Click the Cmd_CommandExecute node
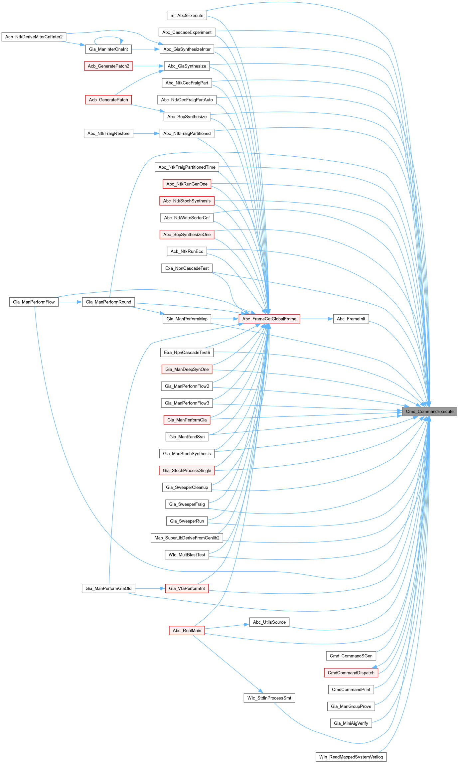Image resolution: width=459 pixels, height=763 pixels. (x=429, y=411)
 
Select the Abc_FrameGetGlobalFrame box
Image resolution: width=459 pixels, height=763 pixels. (x=269, y=319)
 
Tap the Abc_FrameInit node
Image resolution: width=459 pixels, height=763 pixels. (x=351, y=319)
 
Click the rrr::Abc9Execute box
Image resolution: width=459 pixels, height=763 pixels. (x=187, y=15)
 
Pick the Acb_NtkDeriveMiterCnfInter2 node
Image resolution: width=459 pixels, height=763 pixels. (x=34, y=37)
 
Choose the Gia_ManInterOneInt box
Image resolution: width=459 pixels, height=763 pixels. (x=108, y=49)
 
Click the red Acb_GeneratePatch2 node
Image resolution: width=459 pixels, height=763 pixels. (x=108, y=66)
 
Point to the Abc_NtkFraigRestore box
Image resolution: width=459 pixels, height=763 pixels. (x=108, y=133)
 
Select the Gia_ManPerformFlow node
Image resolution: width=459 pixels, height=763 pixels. (x=34, y=302)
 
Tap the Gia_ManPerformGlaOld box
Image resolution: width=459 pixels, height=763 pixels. (x=108, y=588)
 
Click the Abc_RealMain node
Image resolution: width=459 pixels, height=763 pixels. (x=187, y=630)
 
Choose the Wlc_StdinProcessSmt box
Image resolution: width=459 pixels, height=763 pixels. (x=269, y=698)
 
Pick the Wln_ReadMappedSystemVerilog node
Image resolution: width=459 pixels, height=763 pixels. (x=351, y=757)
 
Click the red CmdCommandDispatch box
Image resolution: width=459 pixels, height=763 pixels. (x=351, y=673)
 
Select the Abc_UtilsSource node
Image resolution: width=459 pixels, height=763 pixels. (x=269, y=622)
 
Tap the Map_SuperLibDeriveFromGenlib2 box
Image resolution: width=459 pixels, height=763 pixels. (x=187, y=538)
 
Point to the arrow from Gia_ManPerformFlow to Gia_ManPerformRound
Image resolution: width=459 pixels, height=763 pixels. (x=70, y=302)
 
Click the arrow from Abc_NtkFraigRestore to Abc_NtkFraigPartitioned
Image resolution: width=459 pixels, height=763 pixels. (x=146, y=133)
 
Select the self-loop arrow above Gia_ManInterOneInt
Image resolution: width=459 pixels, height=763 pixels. (x=108, y=37)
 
